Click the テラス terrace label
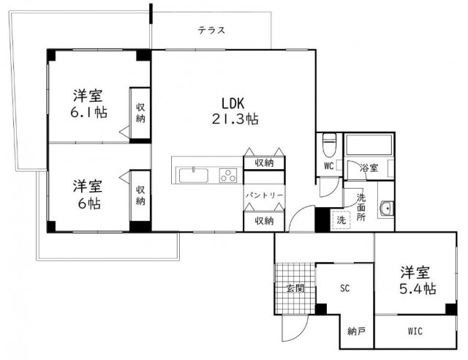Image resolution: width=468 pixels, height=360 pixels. click(x=211, y=31)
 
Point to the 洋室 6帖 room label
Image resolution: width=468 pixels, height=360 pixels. click(x=86, y=194)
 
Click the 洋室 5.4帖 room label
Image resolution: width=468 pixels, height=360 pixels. click(x=417, y=280)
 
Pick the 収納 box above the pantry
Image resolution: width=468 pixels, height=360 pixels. click(x=263, y=162)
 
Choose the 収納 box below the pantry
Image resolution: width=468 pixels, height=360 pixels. click(x=263, y=220)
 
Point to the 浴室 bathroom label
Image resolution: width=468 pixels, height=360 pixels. click(x=369, y=168)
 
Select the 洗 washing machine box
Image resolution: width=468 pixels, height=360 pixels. click(x=340, y=219)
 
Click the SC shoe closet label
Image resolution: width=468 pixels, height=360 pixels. click(x=344, y=288)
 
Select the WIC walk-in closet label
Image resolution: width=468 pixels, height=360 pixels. click(x=414, y=331)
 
